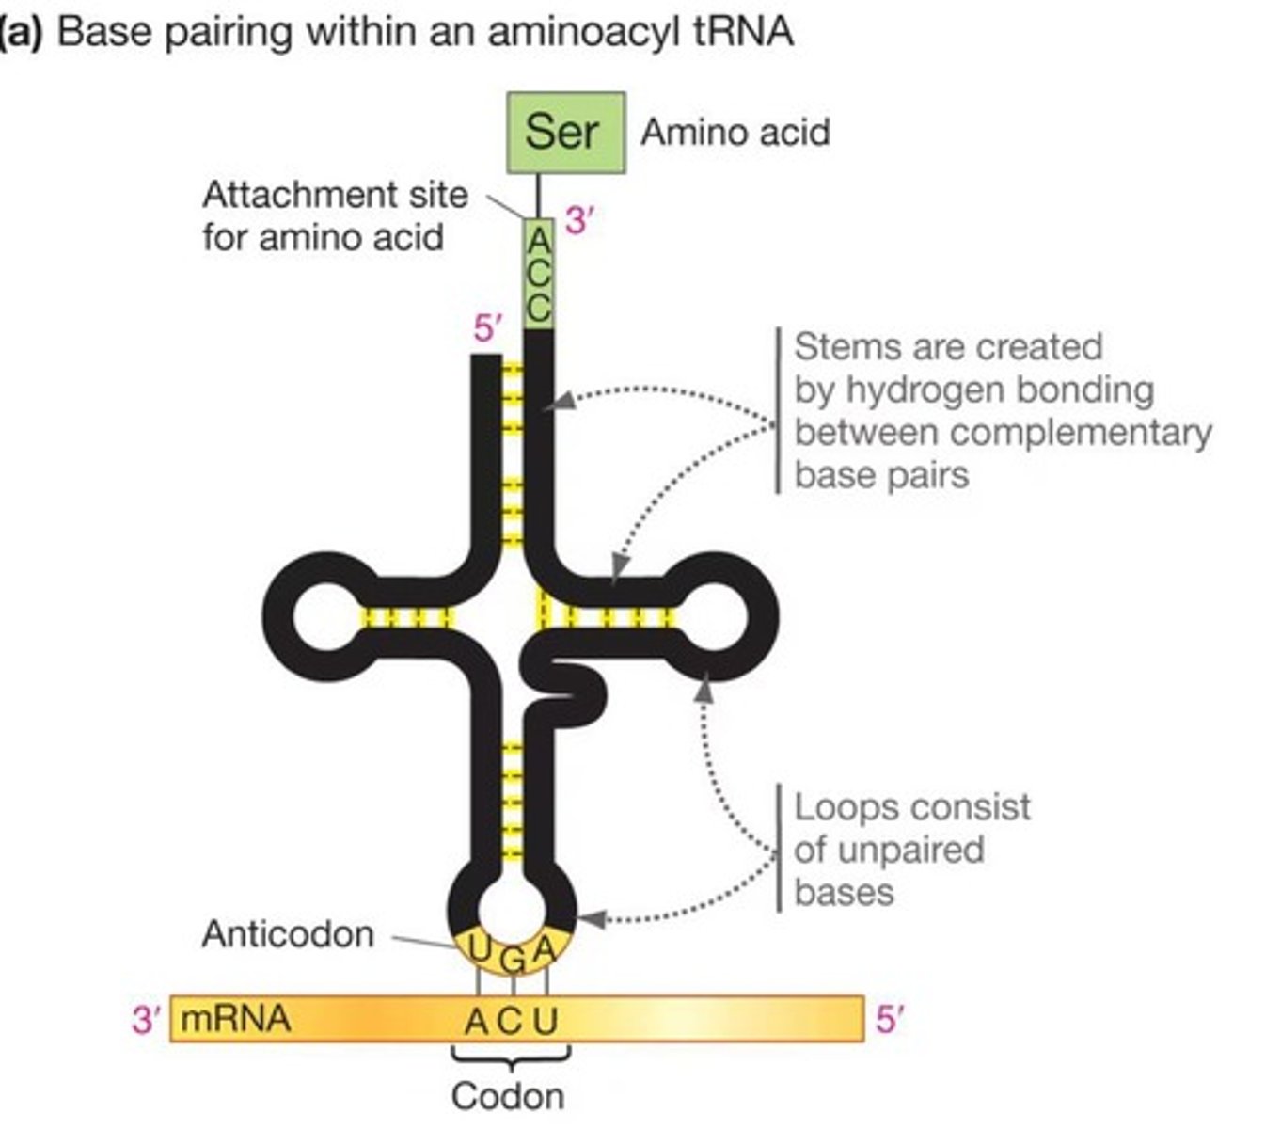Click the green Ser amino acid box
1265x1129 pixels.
click(x=565, y=133)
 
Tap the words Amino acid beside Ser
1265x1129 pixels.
click(x=735, y=133)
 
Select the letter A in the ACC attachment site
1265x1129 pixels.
click(x=538, y=242)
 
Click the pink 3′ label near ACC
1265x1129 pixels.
click(x=579, y=222)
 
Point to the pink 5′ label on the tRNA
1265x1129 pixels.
click(x=488, y=329)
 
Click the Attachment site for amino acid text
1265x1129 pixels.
click(x=334, y=215)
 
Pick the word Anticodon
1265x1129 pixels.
click(x=288, y=934)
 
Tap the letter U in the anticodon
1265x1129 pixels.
click(x=479, y=950)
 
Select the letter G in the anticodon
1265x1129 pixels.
click(x=513, y=961)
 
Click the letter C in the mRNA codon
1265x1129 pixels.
click(x=510, y=1021)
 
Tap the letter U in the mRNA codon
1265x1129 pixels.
click(x=546, y=1021)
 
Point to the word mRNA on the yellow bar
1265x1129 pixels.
click(x=235, y=1019)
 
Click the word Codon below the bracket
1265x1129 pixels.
click(x=508, y=1096)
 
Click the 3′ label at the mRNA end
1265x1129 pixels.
click(x=147, y=1019)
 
